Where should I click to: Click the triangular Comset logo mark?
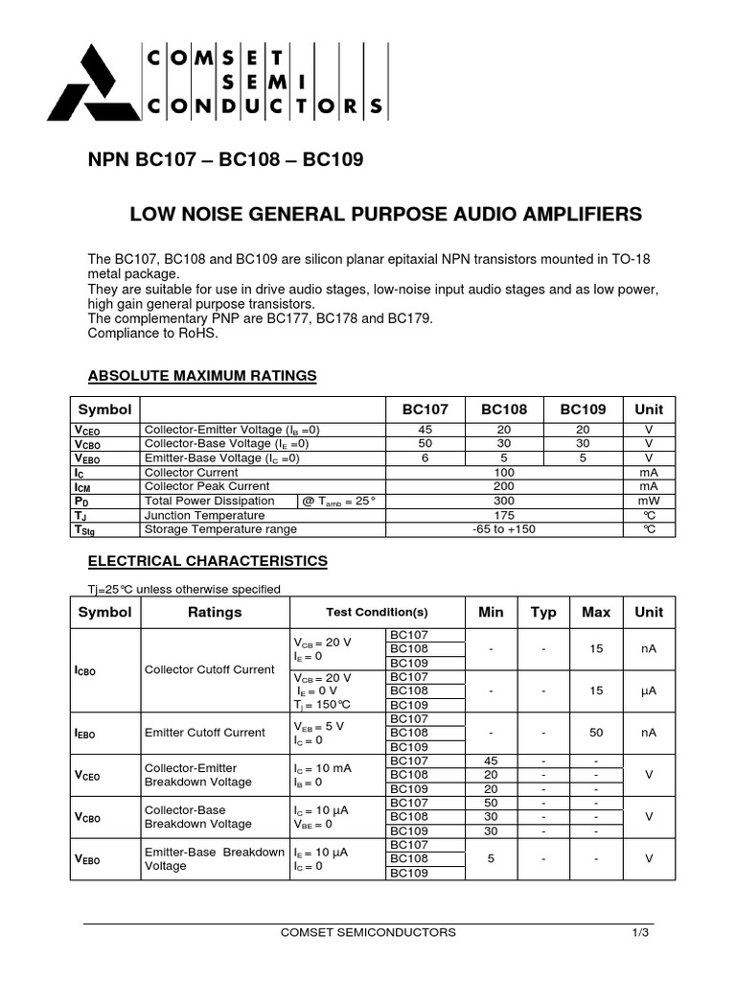click(x=90, y=83)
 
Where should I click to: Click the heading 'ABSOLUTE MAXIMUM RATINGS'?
click(x=202, y=375)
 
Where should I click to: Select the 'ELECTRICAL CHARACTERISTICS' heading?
click(x=208, y=561)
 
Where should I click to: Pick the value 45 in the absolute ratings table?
click(x=425, y=431)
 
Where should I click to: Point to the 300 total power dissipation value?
click(x=505, y=501)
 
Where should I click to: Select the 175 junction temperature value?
click(x=505, y=515)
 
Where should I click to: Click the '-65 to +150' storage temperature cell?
click(x=505, y=529)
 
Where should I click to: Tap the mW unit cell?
click(x=649, y=501)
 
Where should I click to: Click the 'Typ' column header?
click(x=543, y=612)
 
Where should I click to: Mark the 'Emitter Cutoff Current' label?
click(x=204, y=733)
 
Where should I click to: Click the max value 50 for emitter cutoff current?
click(x=596, y=733)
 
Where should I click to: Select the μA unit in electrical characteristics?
click(x=649, y=690)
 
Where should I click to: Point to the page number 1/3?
click(x=640, y=932)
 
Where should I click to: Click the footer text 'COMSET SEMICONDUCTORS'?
click(x=368, y=932)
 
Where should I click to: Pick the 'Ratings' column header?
click(x=215, y=612)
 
